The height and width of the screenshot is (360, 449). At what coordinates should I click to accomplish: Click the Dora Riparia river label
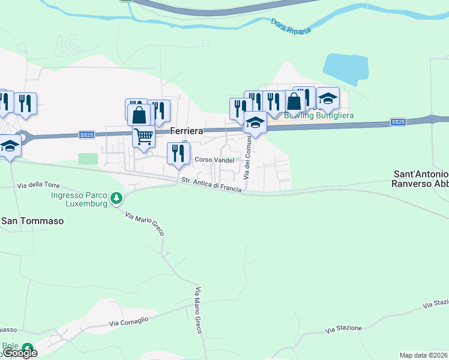[x=291, y=26]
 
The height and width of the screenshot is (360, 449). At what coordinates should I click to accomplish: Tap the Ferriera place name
[x=187, y=130]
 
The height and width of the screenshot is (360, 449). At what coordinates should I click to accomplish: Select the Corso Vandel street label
[x=214, y=160]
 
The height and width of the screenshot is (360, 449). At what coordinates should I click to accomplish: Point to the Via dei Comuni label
[x=246, y=158]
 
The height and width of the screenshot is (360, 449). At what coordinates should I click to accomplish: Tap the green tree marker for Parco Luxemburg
[x=118, y=197]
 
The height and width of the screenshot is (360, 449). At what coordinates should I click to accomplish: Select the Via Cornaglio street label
[x=128, y=322]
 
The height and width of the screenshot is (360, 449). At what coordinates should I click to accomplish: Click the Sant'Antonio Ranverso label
[x=420, y=178]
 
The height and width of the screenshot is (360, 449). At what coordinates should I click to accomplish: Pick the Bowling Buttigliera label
[x=319, y=115]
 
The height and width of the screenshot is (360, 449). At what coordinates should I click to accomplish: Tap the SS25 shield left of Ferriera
[x=87, y=135]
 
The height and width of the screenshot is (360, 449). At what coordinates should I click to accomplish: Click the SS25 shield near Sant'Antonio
[x=397, y=122]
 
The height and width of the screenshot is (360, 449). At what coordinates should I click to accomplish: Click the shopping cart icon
[x=144, y=136]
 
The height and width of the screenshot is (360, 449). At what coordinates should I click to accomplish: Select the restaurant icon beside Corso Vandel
[x=178, y=153]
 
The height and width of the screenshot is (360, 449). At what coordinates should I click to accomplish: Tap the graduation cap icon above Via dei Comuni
[x=256, y=122]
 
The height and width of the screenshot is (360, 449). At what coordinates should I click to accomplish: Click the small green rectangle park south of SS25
[x=88, y=158]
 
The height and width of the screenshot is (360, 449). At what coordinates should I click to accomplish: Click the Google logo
[x=19, y=353]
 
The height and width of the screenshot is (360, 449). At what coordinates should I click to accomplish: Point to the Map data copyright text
[x=423, y=355]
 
